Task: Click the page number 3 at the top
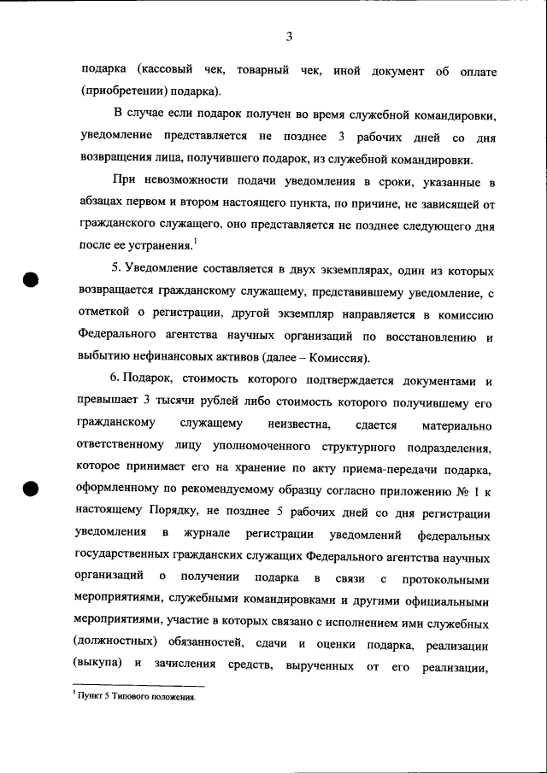click(x=290, y=36)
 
